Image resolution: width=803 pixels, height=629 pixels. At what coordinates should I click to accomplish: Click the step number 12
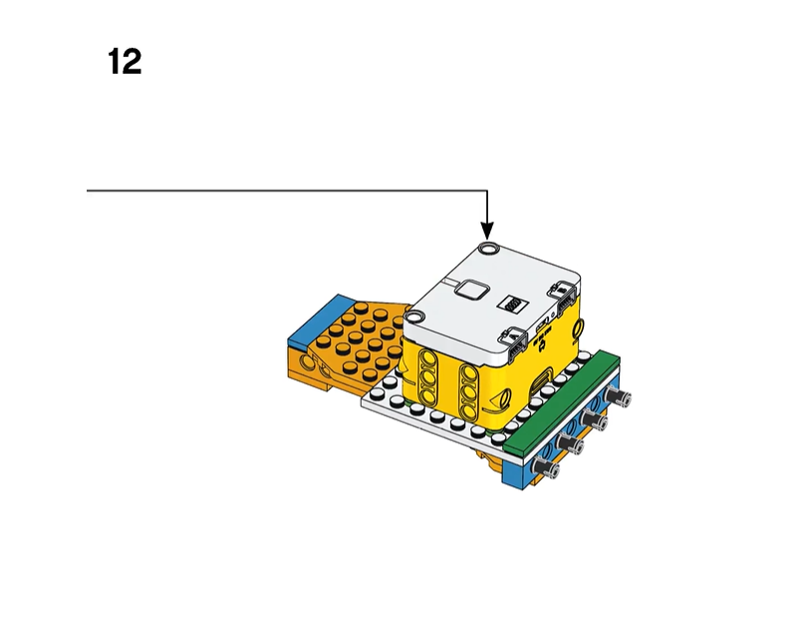[125, 62]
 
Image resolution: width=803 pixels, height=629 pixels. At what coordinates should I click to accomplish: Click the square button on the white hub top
[470, 290]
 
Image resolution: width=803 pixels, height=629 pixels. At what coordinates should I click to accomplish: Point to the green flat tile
[562, 404]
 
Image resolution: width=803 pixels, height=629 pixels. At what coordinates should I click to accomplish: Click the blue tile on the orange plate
[314, 319]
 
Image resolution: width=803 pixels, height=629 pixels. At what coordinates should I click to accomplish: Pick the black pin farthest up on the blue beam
[618, 396]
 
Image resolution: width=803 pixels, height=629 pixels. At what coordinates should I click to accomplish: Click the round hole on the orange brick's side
[308, 362]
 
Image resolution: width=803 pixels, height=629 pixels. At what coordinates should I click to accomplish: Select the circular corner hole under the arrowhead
[488, 249]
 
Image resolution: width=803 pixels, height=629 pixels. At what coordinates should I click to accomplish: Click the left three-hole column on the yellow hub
[426, 377]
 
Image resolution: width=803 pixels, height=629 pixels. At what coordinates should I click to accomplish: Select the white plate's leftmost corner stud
[378, 394]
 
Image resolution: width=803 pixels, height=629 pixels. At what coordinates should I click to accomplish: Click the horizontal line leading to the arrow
[287, 191]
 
